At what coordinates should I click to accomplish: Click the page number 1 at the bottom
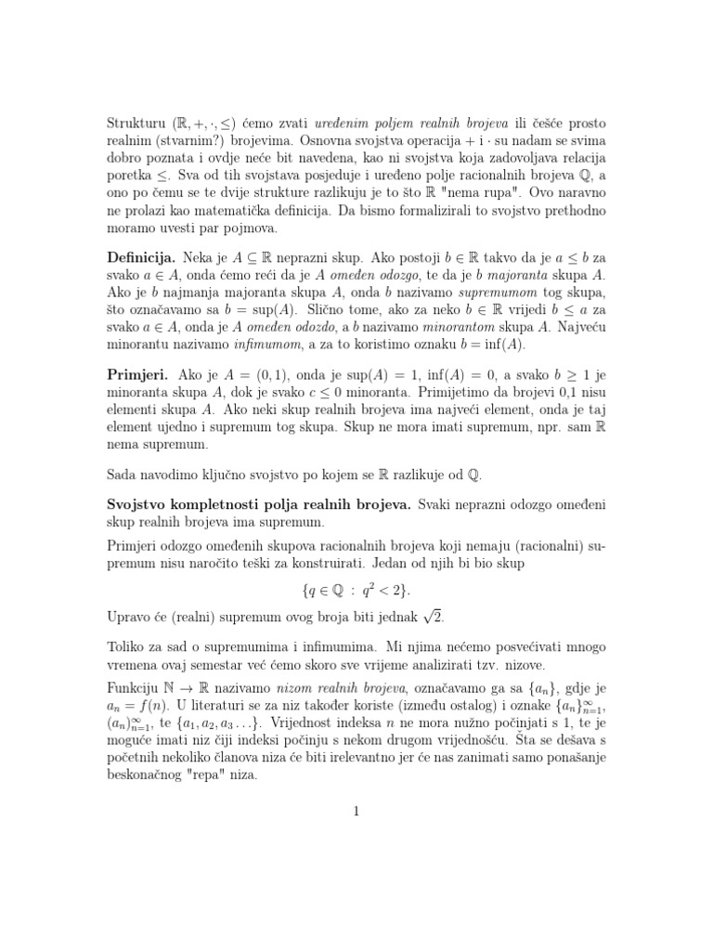coord(356,811)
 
